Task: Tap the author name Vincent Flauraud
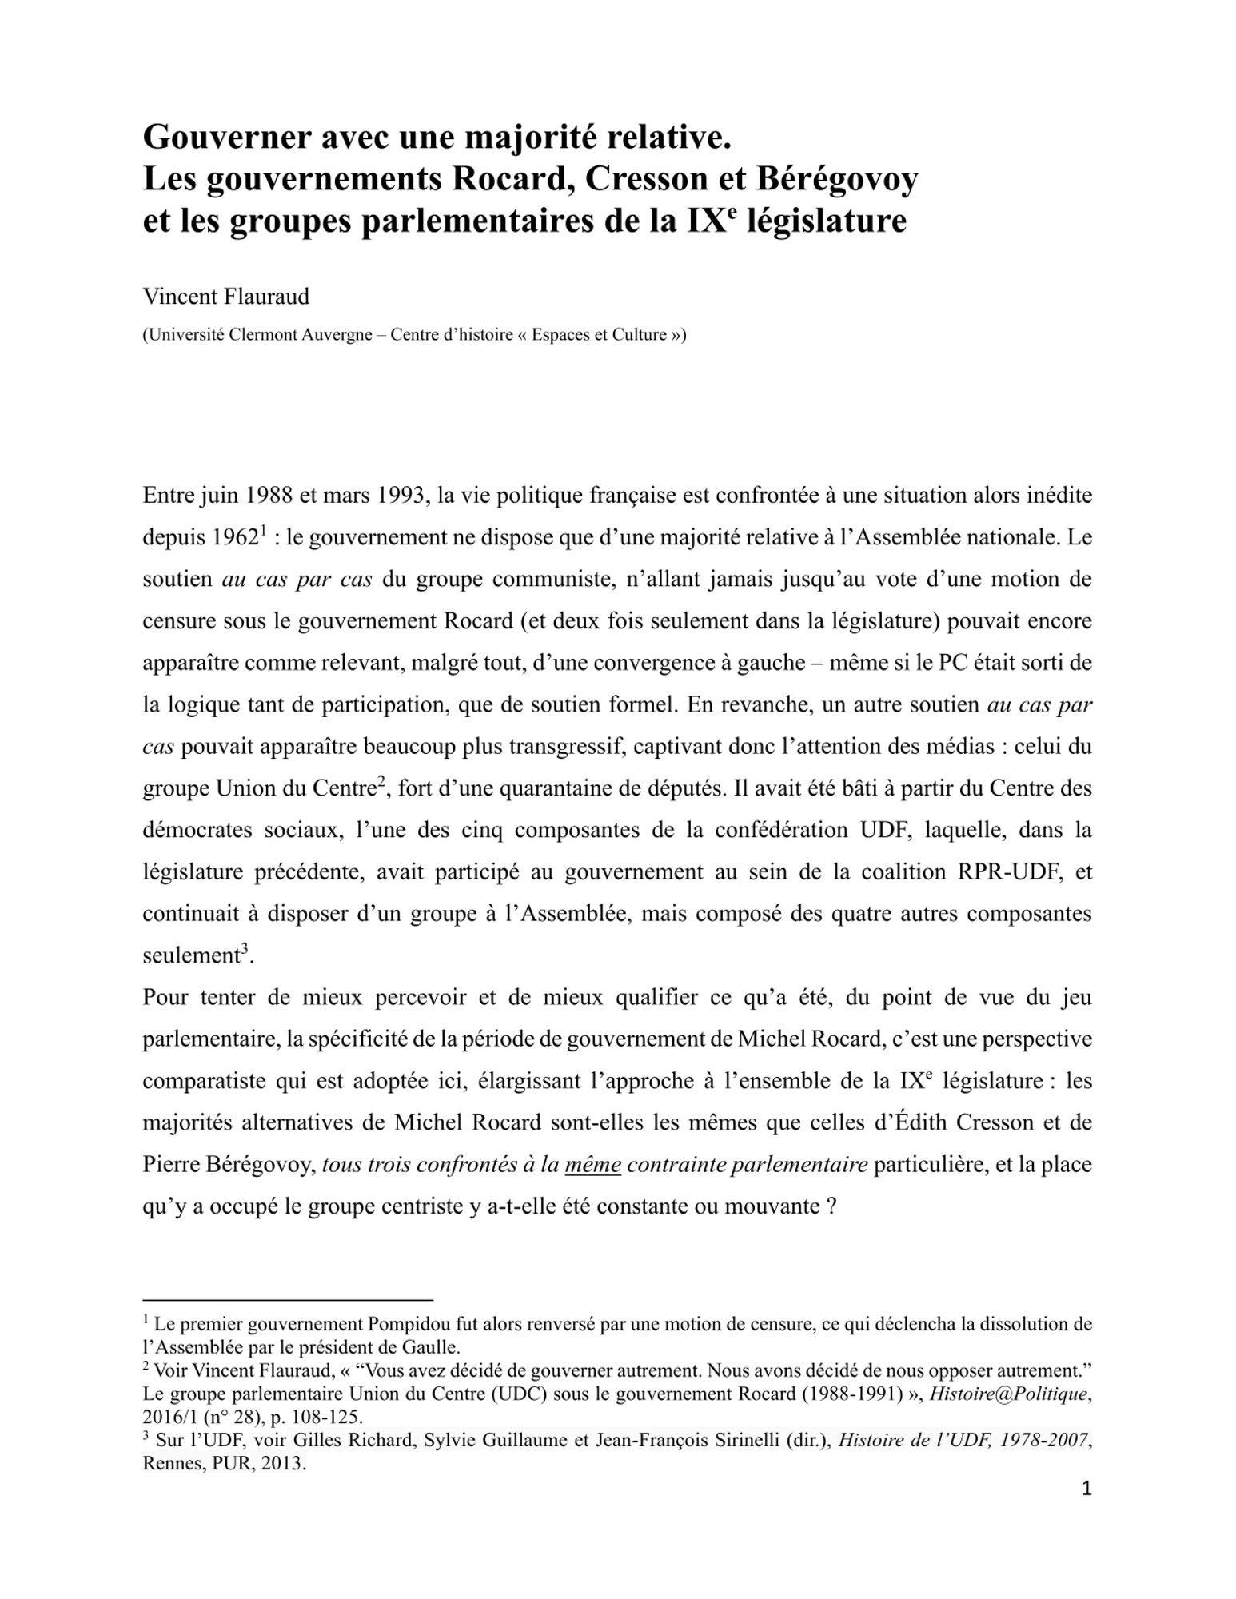225,297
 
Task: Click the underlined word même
592,1165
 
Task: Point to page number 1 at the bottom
1086,1489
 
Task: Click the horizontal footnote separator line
288,1300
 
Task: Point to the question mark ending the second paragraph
831,1206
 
